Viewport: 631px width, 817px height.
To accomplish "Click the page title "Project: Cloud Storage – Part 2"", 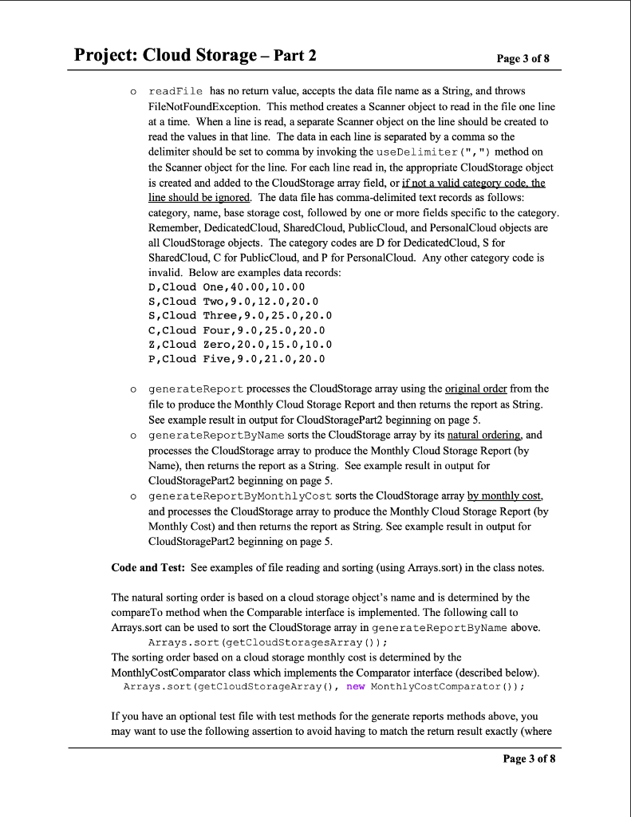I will (195, 55).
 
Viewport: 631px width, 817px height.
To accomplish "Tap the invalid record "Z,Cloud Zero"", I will (240, 344).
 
